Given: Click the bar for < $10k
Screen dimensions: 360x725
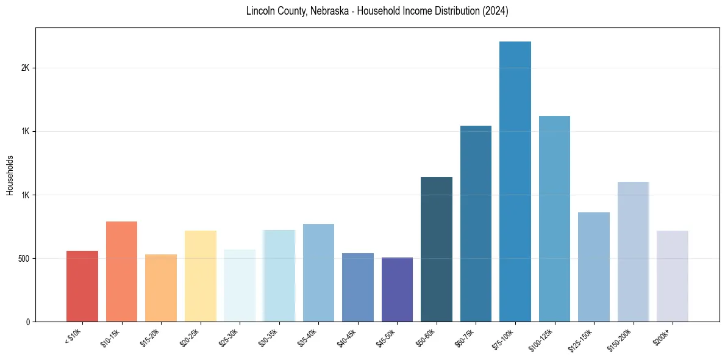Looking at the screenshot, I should click(82, 286).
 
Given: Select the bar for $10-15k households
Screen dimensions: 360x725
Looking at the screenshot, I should click(121, 272).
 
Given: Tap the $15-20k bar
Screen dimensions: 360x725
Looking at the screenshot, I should click(161, 288).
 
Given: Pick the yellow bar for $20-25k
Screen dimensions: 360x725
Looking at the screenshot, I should click(200, 276).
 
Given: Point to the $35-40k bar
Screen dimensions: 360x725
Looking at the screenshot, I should click(318, 273).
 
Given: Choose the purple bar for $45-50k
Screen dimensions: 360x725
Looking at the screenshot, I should click(397, 289).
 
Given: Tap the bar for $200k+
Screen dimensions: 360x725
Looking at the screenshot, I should click(673, 276).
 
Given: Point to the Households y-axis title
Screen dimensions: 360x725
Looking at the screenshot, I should click(10, 175).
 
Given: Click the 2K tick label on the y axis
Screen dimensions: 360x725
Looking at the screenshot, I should click(25, 68).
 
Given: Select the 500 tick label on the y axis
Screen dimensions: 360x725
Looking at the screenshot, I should click(23, 258).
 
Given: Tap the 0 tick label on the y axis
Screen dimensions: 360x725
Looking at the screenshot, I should click(27, 322).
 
